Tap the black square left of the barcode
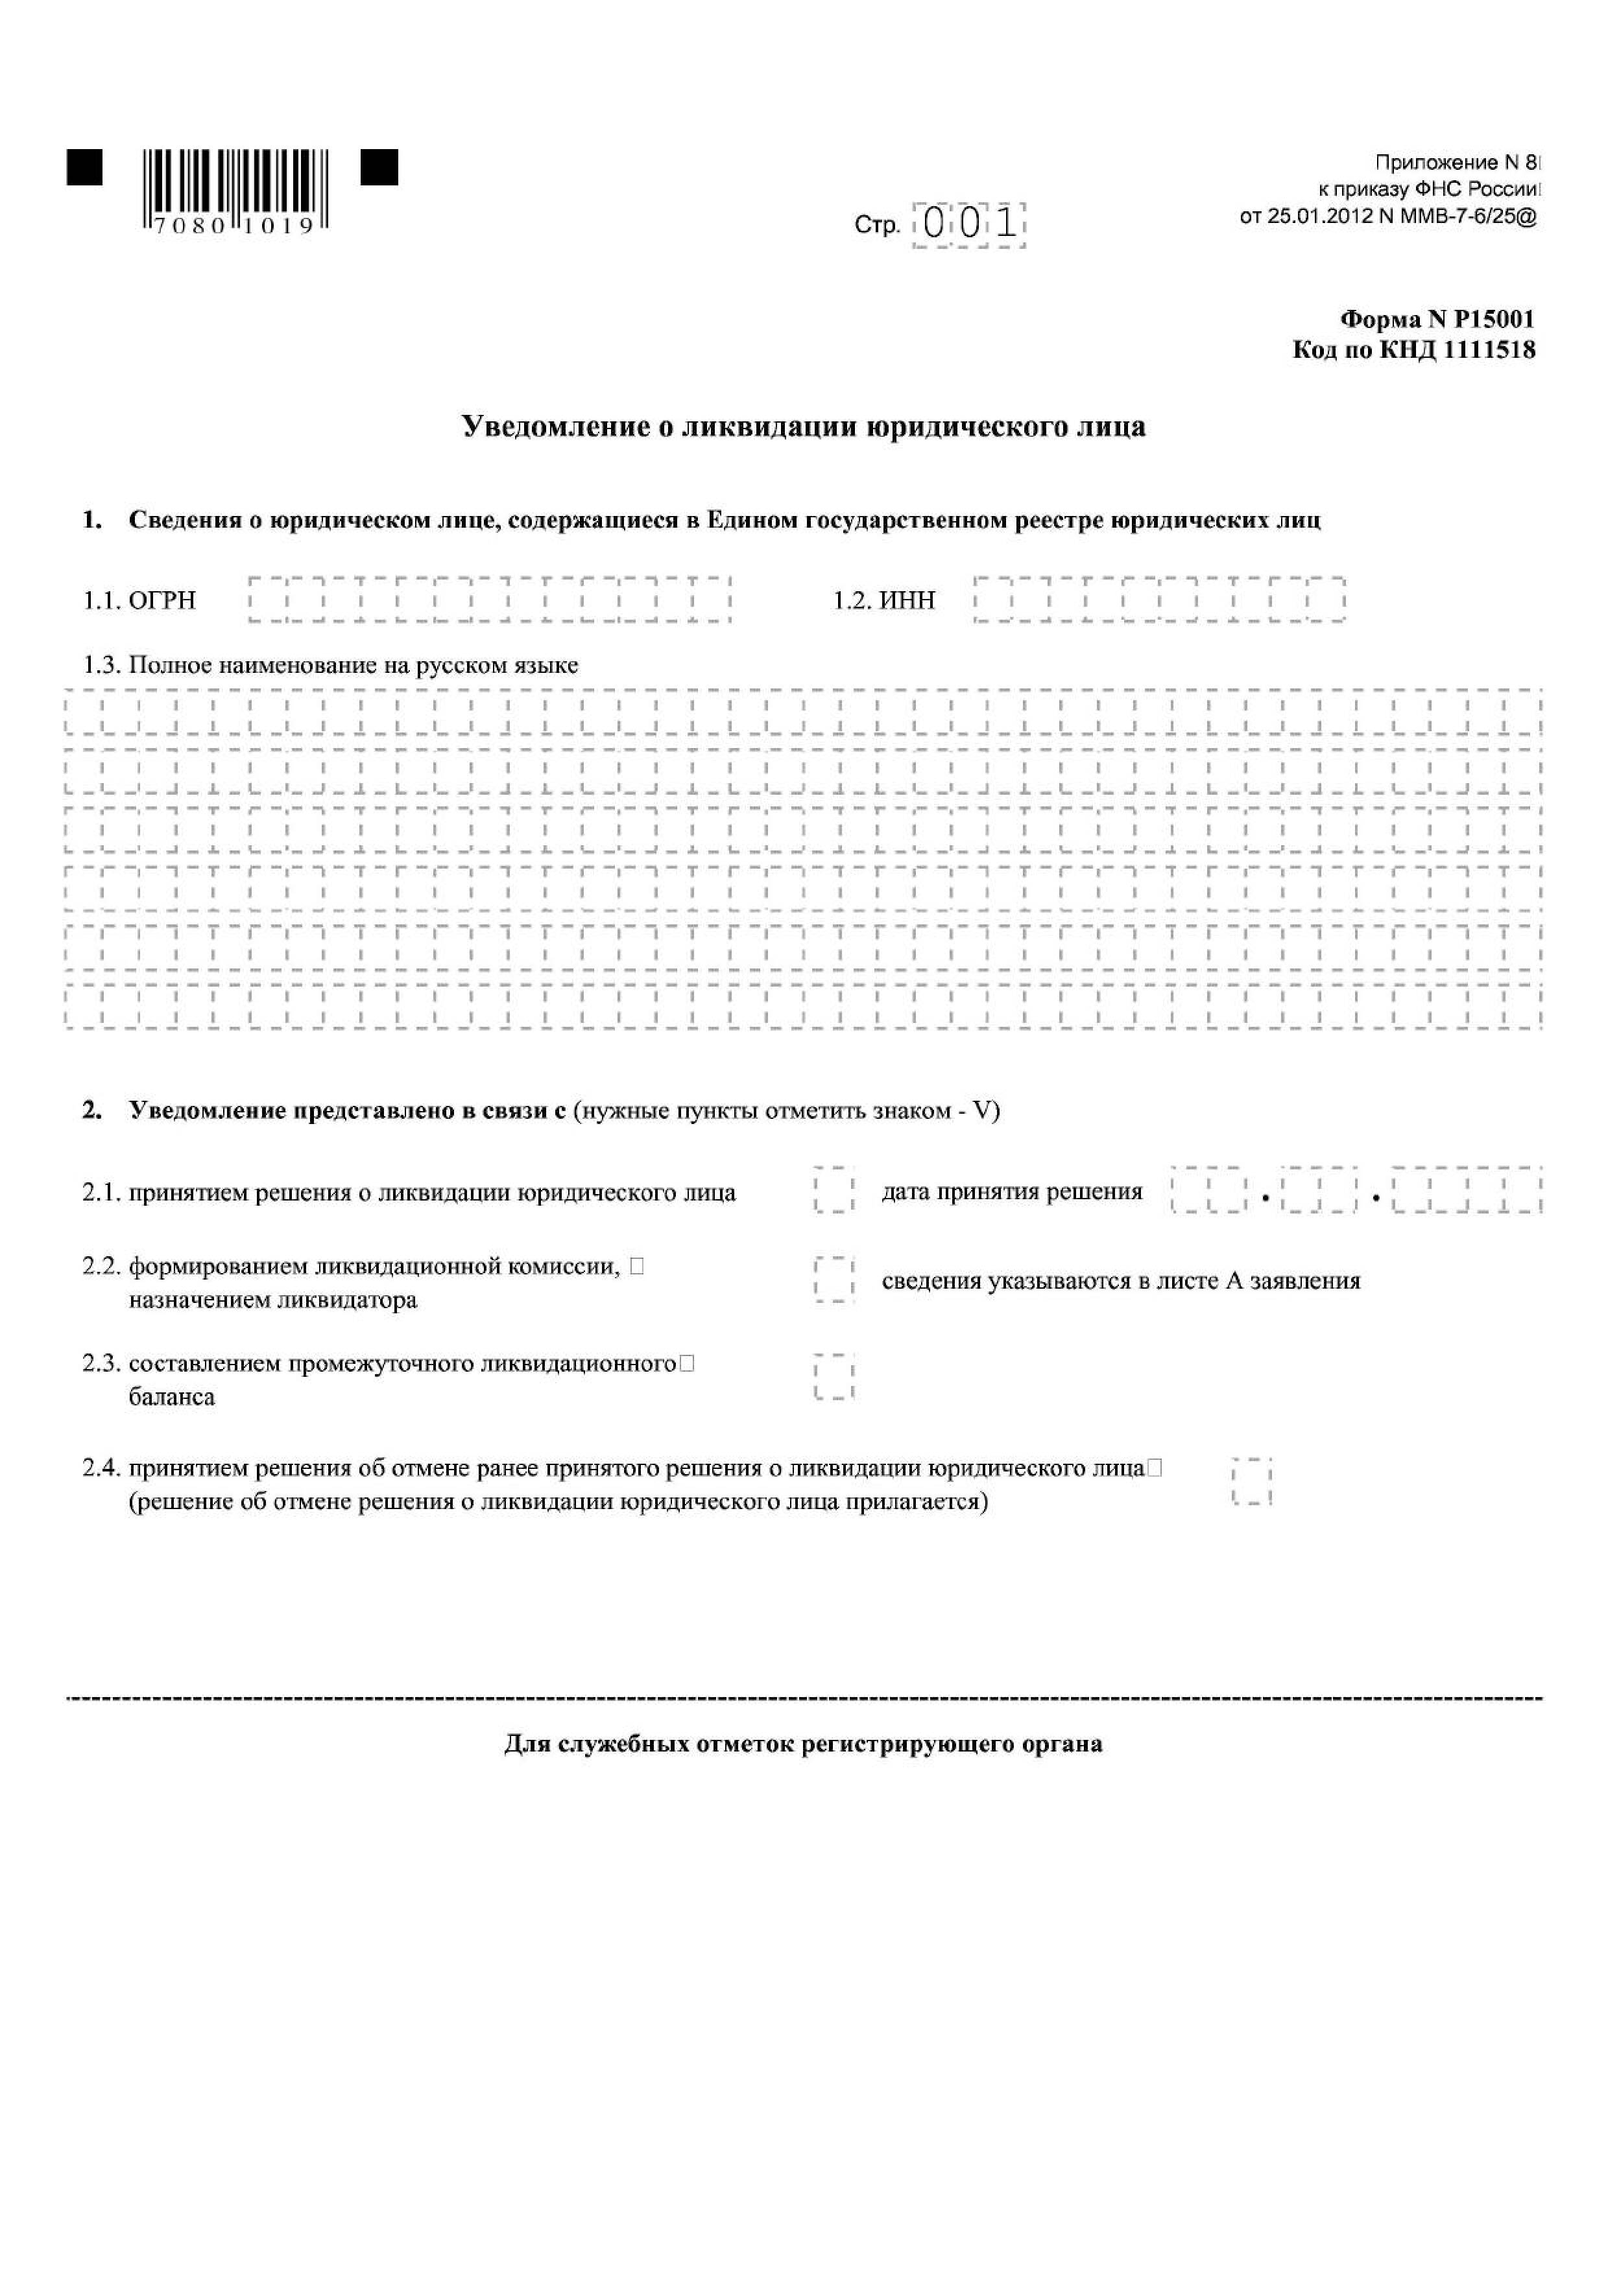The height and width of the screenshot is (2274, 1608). [85, 167]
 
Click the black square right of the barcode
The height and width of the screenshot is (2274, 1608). [378, 167]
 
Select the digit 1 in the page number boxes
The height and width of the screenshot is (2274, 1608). [1007, 224]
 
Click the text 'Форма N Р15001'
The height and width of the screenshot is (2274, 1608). [1437, 319]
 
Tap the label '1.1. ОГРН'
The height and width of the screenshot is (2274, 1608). [139, 600]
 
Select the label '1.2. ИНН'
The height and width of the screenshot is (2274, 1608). [883, 600]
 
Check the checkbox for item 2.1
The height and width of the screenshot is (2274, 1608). [834, 1191]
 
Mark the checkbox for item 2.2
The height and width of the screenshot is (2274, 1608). [834, 1280]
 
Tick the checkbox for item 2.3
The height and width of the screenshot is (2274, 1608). [834, 1377]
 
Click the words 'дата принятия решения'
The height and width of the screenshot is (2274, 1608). [1011, 1191]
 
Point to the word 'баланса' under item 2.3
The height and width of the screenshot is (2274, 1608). [171, 1398]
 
